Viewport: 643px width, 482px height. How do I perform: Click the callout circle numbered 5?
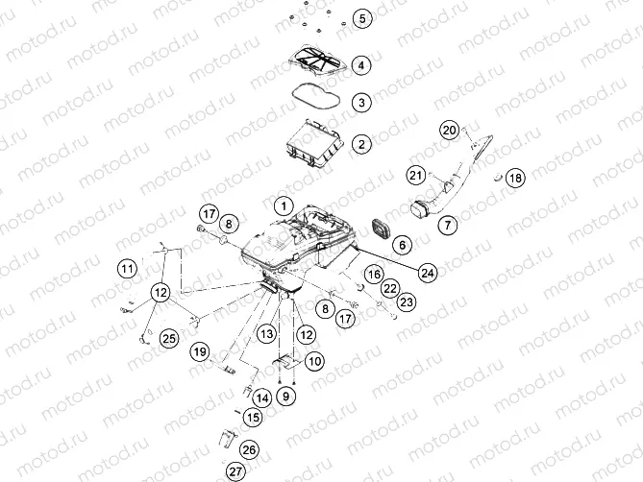(361, 18)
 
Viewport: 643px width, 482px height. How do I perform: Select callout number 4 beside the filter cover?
(360, 65)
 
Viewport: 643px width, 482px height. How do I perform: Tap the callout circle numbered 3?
(361, 103)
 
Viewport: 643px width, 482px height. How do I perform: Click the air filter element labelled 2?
(314, 143)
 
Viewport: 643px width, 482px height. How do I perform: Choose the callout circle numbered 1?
(284, 205)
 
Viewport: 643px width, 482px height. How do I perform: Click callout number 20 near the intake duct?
(450, 131)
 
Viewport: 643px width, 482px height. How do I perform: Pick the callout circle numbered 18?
(515, 178)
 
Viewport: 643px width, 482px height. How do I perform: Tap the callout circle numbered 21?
(416, 176)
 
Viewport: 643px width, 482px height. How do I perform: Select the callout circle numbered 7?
(447, 225)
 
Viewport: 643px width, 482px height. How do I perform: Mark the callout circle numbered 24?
(428, 273)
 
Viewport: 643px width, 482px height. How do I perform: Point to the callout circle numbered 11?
(127, 269)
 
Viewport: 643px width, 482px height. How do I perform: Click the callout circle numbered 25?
(169, 338)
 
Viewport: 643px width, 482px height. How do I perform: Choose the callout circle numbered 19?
(200, 351)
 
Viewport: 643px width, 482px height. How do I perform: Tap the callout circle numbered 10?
(314, 361)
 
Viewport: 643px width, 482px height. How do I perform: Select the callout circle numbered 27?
(235, 471)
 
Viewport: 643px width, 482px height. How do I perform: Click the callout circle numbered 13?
(266, 334)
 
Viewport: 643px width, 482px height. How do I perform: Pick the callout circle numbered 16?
(374, 274)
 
